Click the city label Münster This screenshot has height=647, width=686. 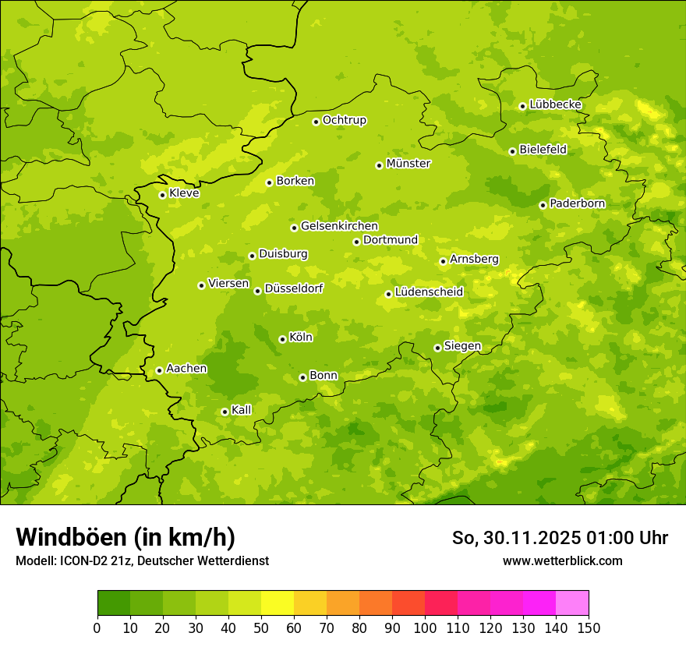click(x=408, y=164)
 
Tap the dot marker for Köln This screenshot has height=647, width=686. click(x=282, y=339)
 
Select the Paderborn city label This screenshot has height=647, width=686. click(x=578, y=203)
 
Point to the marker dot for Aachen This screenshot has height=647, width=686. click(x=159, y=370)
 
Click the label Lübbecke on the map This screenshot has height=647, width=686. click(x=556, y=104)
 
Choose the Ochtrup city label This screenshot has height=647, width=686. click(x=345, y=120)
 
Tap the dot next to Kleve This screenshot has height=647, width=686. click(x=162, y=195)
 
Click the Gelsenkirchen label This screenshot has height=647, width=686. click(x=339, y=226)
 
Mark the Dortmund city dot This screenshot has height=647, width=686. click(x=356, y=242)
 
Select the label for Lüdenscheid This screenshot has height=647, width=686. click(x=429, y=292)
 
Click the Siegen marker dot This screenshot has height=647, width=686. click(x=437, y=348)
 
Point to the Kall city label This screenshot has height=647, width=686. click(x=242, y=410)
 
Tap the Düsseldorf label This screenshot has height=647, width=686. click(x=294, y=288)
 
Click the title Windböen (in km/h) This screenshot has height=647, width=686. click(x=126, y=537)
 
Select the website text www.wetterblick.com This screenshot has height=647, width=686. click(x=563, y=560)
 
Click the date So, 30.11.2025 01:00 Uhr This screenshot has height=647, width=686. click(x=560, y=538)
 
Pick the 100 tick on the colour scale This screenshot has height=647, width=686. click(x=425, y=628)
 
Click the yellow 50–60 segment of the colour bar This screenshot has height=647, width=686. click(x=278, y=603)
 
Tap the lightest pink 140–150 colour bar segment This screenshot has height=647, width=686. click(x=572, y=603)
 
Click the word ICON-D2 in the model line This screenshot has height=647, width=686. click(x=80, y=561)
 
